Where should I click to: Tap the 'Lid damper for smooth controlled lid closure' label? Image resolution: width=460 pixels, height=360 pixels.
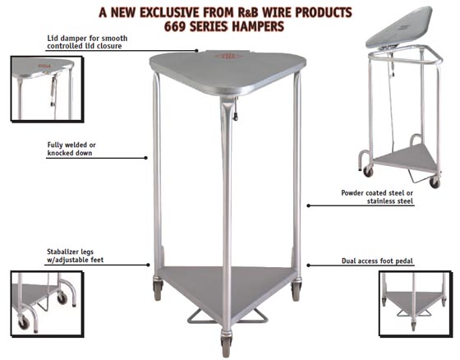click(x=87, y=42)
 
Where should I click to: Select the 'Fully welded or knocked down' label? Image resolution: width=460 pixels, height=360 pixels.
click(x=71, y=149)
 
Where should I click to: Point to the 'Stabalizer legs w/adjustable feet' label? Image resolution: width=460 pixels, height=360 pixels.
click(x=75, y=256)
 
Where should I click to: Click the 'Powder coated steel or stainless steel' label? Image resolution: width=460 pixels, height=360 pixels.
click(x=377, y=197)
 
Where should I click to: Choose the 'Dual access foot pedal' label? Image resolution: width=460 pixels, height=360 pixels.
click(x=377, y=261)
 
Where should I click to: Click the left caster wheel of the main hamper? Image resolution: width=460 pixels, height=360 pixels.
click(x=157, y=290)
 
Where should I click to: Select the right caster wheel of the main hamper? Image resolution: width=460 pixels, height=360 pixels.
click(x=297, y=290)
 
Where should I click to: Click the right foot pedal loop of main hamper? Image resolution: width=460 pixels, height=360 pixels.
click(x=255, y=316)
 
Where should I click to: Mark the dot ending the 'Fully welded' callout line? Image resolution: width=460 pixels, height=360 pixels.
click(x=146, y=158)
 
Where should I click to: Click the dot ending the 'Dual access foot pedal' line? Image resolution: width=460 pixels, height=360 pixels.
click(x=308, y=265)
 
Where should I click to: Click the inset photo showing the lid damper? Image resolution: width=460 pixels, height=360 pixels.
click(x=47, y=89)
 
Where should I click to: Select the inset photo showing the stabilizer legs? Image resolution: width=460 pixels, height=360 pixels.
click(x=47, y=303)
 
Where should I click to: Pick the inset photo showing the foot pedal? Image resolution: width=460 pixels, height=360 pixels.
click(x=415, y=304)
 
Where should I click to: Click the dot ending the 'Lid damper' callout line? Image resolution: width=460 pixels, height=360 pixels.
click(x=196, y=50)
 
